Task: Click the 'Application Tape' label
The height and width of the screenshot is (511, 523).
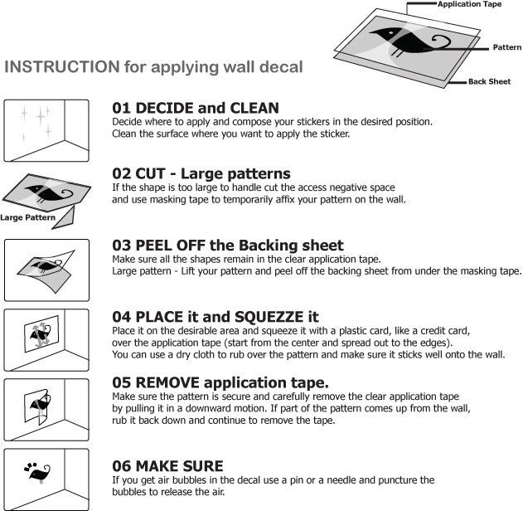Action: pyautogui.click(x=470, y=4)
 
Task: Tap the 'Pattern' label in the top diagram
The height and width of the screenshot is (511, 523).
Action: pyautogui.click(x=507, y=47)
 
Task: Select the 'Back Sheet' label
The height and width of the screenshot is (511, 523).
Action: pyautogui.click(x=489, y=81)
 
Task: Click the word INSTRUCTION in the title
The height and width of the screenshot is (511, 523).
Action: pyautogui.click(x=62, y=66)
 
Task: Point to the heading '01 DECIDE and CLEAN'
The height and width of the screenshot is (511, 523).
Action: pyautogui.click(x=196, y=108)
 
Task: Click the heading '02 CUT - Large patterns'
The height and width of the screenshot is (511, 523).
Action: pyautogui.click(x=201, y=173)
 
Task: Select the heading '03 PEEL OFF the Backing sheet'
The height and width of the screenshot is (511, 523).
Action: pyautogui.click(x=228, y=246)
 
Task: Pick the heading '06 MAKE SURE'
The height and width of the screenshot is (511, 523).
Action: pyautogui.click(x=167, y=466)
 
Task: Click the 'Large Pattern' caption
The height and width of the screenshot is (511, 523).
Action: pyautogui.click(x=27, y=217)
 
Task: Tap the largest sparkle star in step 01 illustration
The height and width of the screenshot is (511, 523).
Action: pyautogui.click(x=41, y=116)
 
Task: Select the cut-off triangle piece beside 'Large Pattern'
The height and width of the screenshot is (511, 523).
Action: pyautogui.click(x=65, y=219)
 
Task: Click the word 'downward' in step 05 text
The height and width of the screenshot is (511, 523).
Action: pyautogui.click(x=210, y=408)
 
